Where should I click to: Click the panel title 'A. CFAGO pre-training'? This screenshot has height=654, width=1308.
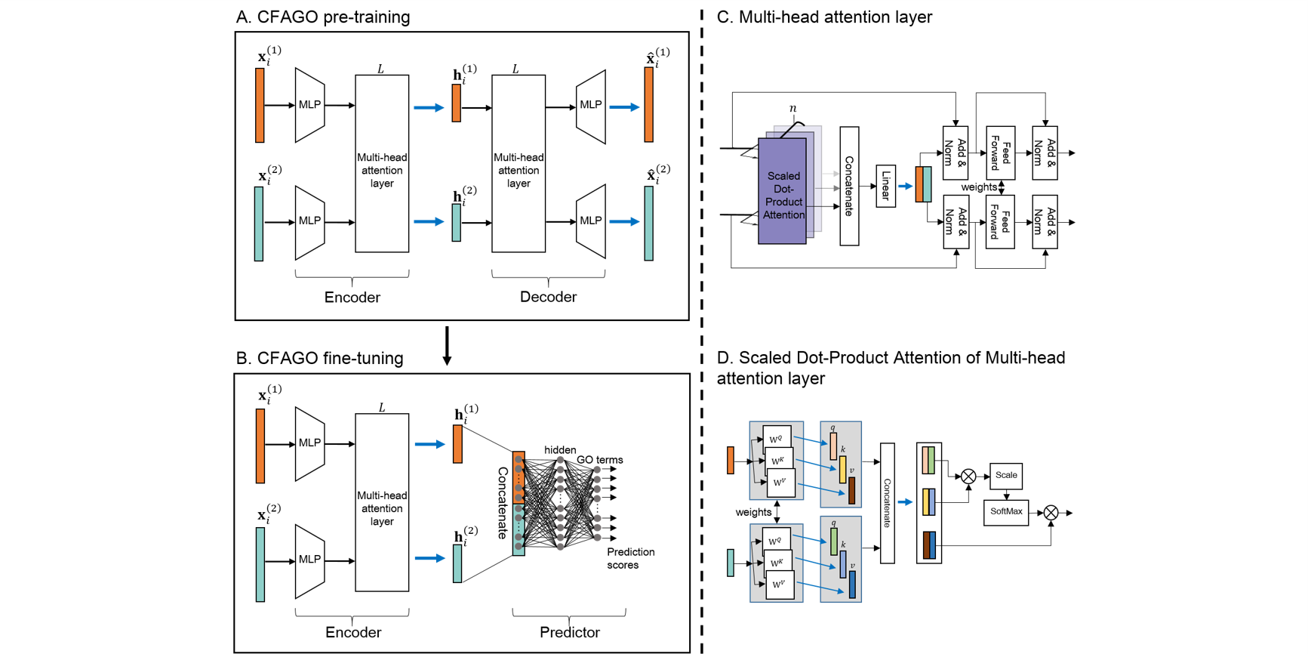pyautogui.click(x=323, y=17)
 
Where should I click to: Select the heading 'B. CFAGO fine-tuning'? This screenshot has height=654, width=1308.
pyautogui.click(x=320, y=358)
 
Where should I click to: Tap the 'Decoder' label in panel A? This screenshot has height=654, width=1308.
pyautogui.click(x=548, y=297)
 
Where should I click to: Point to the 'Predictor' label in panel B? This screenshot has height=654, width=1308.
pyautogui.click(x=569, y=632)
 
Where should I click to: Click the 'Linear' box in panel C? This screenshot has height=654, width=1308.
pyautogui.click(x=885, y=186)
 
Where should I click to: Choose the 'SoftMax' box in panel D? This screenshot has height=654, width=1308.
pyautogui.click(x=1005, y=512)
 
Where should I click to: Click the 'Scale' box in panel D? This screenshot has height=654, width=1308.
pyautogui.click(x=1005, y=476)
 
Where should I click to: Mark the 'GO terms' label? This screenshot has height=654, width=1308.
pyautogui.click(x=599, y=459)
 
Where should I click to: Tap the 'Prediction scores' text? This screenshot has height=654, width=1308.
pyautogui.click(x=630, y=558)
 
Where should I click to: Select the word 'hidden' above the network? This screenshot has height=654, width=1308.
pyautogui.click(x=560, y=449)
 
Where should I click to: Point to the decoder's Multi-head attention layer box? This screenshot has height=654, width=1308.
pyautogui.click(x=519, y=164)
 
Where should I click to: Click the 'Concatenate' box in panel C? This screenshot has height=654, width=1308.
pyautogui.click(x=849, y=186)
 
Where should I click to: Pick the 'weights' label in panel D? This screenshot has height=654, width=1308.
pyautogui.click(x=753, y=512)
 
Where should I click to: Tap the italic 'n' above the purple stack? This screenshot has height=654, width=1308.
pyautogui.click(x=792, y=108)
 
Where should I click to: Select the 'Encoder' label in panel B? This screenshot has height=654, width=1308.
pyautogui.click(x=352, y=632)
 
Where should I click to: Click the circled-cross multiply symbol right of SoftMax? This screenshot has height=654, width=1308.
pyautogui.click(x=1051, y=513)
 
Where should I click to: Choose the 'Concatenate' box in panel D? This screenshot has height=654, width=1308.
pyautogui.click(x=888, y=503)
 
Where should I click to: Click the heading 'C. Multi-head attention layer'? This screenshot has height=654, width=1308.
pyautogui.click(x=824, y=17)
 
